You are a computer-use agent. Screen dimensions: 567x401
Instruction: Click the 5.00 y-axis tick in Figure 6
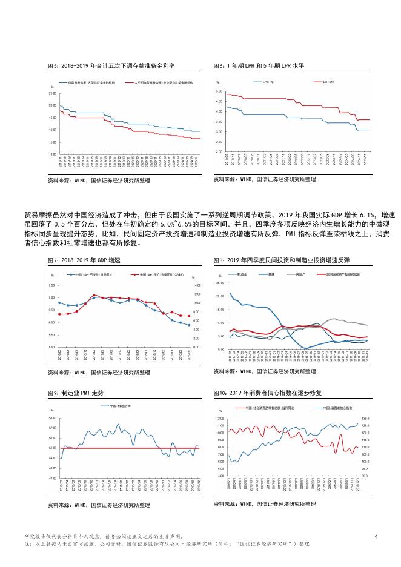point(219,91)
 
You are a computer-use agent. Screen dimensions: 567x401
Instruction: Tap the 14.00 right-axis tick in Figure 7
point(197,285)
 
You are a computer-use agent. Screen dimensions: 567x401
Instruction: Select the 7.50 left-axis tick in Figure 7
point(52,285)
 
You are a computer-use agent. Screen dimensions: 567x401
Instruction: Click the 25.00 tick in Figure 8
point(219,283)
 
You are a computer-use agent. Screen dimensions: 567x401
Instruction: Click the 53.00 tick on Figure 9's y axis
point(52,418)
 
